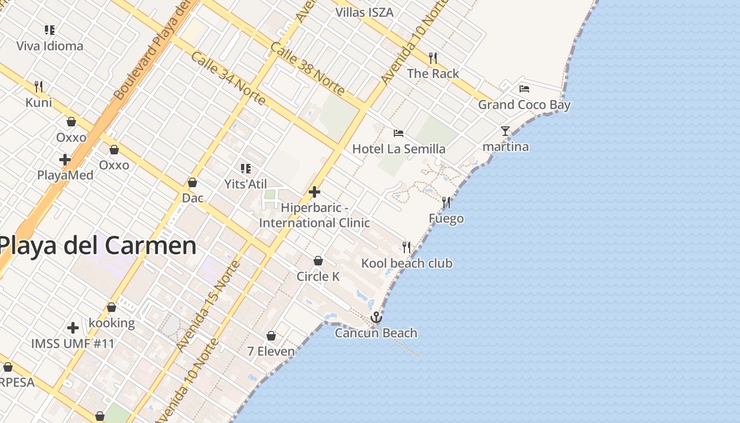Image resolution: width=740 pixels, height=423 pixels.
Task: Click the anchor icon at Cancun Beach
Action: [376, 317]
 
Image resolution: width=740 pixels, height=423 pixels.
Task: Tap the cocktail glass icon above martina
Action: [505, 131]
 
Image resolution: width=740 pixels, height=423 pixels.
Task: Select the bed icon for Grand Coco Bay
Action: [524, 89]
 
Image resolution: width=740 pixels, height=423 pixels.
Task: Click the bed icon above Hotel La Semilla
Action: [399, 133]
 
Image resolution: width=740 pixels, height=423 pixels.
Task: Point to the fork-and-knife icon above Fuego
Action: [446, 203]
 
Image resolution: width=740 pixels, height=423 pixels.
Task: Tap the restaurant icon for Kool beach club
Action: [406, 247]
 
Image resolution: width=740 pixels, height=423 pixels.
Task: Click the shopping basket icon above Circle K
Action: [318, 261]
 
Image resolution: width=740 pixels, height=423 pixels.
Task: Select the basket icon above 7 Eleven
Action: [271, 336]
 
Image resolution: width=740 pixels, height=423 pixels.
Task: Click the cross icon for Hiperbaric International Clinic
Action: [314, 191]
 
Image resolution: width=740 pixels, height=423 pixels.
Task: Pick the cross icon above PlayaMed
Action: [65, 159]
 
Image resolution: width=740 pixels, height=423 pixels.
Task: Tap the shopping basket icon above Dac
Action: [192, 182]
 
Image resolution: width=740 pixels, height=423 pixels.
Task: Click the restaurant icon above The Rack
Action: [433, 58]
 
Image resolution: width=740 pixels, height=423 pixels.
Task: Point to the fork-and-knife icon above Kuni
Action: [39, 86]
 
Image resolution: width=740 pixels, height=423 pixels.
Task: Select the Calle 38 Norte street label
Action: [307, 69]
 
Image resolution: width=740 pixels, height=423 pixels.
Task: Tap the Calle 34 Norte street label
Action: [228, 78]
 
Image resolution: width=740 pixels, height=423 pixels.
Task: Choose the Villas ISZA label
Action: [365, 12]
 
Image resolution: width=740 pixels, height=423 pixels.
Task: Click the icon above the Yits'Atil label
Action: [245, 169]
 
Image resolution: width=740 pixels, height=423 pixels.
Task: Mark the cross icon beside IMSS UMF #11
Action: [73, 328]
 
